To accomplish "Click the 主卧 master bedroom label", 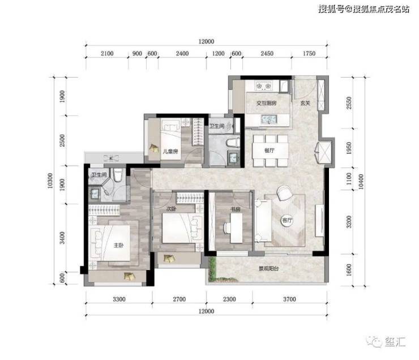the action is [x=119, y=245].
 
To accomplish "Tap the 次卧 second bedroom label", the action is [x=172, y=209].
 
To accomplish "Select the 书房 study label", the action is [x=235, y=209].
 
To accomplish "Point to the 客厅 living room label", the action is [x=287, y=221].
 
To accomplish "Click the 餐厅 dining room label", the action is [x=270, y=151].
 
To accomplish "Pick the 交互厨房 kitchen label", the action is [x=267, y=103].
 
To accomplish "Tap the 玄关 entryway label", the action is [x=305, y=103].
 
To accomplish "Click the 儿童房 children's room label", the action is [x=170, y=152].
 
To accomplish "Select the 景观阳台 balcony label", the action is [x=268, y=268].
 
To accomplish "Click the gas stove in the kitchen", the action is [x=263, y=85].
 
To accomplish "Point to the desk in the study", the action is [x=237, y=228].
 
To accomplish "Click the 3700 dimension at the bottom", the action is [x=290, y=299].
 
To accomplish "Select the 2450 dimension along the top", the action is [x=267, y=53].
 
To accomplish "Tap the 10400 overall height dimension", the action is [x=361, y=182].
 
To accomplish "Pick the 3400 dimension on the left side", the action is [x=62, y=238].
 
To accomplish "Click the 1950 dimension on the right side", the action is [x=349, y=148].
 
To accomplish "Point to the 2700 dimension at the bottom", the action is [x=179, y=299].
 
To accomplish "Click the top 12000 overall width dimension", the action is [x=206, y=41].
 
